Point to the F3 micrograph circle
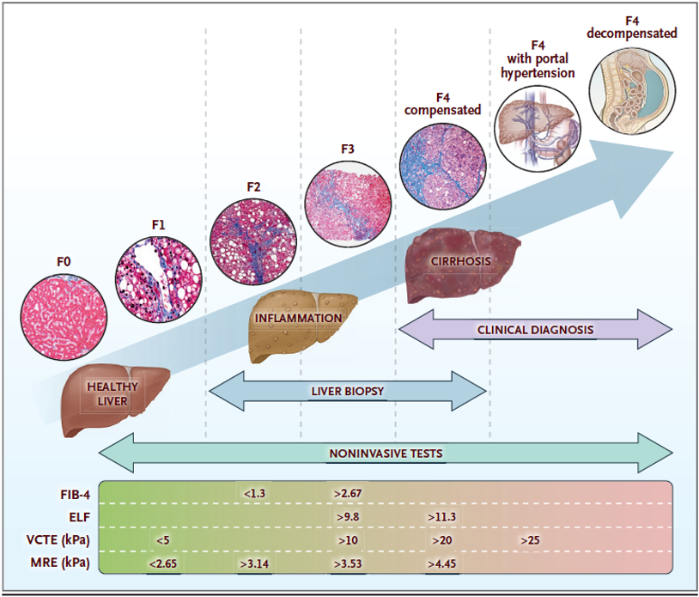(x=348, y=197)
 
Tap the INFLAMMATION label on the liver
(x=299, y=319)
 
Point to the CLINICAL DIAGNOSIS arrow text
(x=535, y=329)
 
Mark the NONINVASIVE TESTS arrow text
(x=386, y=453)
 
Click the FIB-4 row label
(x=75, y=493)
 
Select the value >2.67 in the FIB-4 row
(x=349, y=493)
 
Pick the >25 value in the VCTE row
(x=530, y=539)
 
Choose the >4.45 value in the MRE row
(x=441, y=563)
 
